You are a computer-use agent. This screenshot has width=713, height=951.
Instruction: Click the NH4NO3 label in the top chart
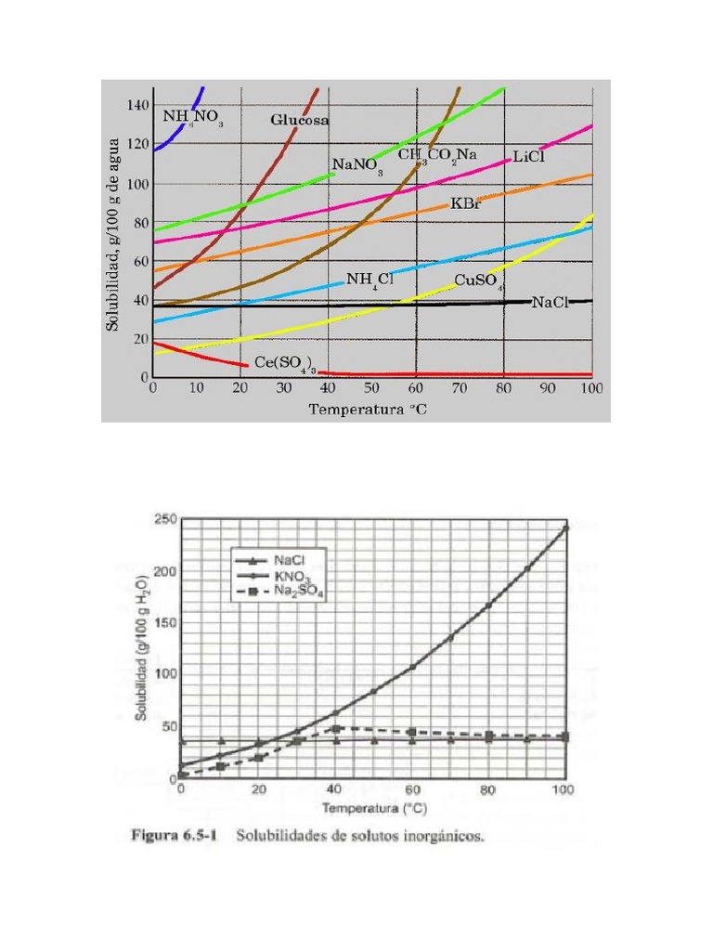click(192, 118)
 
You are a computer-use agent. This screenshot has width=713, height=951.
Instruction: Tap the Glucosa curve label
click(300, 120)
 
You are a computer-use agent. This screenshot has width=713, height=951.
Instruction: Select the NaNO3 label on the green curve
click(357, 165)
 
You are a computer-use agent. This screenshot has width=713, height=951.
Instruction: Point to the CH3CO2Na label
click(437, 155)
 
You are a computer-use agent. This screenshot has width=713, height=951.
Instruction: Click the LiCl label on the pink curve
click(528, 157)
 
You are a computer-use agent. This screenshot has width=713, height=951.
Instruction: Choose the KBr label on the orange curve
click(465, 203)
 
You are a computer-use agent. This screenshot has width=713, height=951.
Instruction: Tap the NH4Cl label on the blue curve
click(369, 278)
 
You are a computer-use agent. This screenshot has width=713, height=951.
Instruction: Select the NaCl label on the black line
click(549, 303)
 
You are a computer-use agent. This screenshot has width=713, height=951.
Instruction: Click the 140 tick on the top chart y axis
click(137, 105)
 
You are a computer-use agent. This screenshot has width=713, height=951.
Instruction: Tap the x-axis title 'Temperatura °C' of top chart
click(369, 409)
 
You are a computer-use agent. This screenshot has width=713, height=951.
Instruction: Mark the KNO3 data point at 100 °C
click(565, 528)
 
